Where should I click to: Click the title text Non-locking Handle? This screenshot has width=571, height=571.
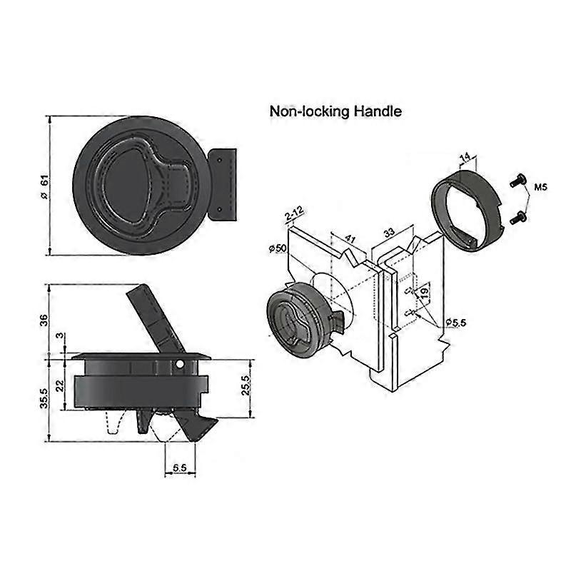click(335, 111)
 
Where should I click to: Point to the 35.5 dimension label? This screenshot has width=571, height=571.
click(44, 397)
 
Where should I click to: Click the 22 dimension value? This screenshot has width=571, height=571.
click(62, 385)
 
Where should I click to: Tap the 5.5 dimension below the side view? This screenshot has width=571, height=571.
click(180, 468)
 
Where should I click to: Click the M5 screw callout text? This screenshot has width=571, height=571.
click(540, 188)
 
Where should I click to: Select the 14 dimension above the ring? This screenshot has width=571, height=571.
click(464, 157)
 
